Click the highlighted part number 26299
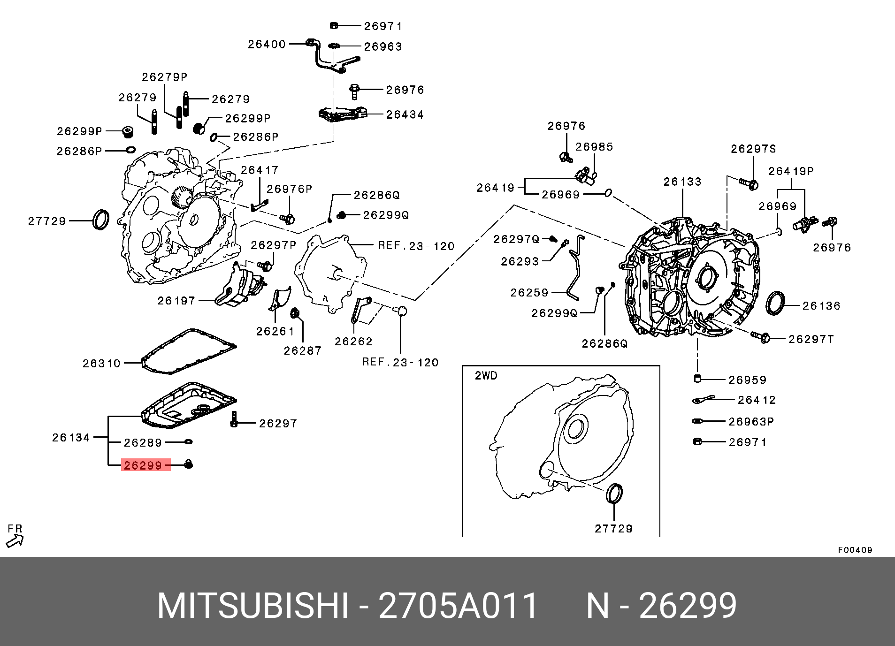click(143, 465)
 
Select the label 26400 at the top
click(267, 44)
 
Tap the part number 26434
click(405, 114)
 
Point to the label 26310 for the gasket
click(101, 363)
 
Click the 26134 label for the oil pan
click(71, 437)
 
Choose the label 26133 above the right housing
click(682, 182)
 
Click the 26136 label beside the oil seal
click(821, 306)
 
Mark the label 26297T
click(811, 339)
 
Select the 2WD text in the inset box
click(486, 376)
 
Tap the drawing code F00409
click(855, 550)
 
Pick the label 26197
click(176, 301)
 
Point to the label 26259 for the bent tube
click(529, 293)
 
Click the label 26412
click(757, 400)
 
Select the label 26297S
click(753, 149)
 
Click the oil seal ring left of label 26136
click(775, 304)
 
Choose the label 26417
click(260, 170)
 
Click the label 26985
click(594, 147)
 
